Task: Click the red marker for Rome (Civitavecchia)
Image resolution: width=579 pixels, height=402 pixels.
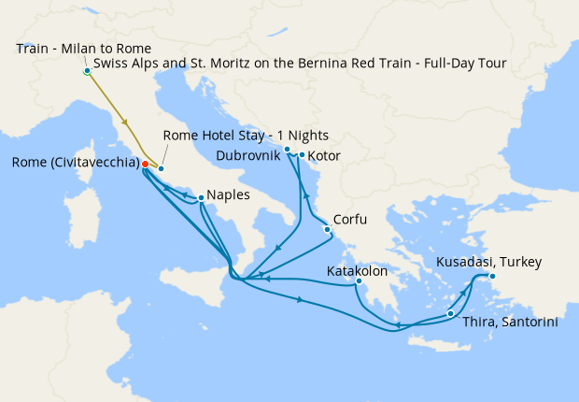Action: [145, 164]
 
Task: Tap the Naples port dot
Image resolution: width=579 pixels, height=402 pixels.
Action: [201, 197]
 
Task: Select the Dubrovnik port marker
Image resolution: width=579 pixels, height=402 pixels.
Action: [288, 150]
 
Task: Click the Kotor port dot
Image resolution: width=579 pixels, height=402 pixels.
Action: [303, 155]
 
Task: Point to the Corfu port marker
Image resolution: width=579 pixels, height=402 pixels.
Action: [327, 229]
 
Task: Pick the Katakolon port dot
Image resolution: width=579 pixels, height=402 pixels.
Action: [358, 281]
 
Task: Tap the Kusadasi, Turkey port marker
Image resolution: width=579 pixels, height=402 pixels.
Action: [492, 276]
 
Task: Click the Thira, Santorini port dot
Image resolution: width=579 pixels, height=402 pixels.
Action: [451, 314]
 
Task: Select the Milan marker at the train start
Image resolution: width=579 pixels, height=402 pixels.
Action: [87, 71]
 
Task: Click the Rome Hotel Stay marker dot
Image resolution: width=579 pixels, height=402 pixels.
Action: [161, 168]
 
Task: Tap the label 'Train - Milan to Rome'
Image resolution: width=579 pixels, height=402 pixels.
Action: [83, 48]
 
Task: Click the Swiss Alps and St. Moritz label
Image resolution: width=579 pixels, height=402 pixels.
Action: [299, 65]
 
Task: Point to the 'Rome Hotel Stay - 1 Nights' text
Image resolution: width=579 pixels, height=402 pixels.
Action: [246, 136]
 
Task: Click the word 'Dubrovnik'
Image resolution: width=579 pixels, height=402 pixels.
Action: [247, 153]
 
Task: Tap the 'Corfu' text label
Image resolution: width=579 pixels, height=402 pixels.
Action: [350, 220]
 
